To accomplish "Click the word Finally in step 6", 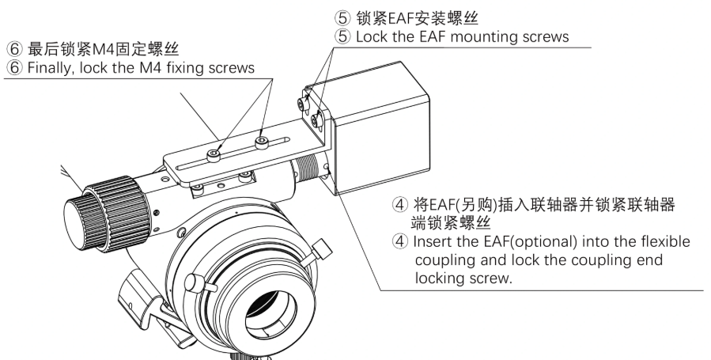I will [x=48, y=69].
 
